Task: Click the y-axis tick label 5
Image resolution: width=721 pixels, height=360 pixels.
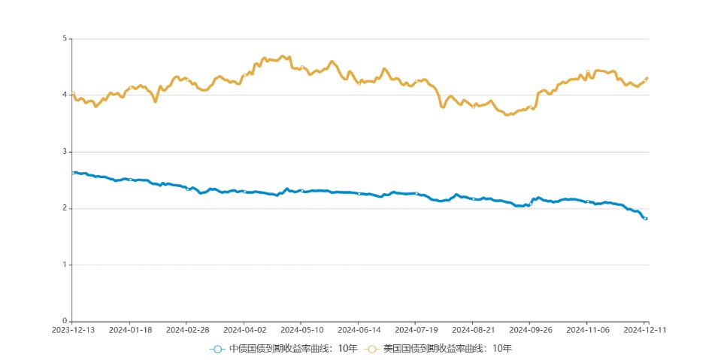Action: coord(65,38)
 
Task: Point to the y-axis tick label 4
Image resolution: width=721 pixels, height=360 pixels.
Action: coord(65,95)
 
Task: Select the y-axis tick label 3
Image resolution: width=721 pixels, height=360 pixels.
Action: coord(65,152)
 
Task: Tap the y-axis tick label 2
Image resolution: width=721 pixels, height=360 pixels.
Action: coord(65,208)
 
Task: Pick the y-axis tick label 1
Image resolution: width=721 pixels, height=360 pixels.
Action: coord(65,265)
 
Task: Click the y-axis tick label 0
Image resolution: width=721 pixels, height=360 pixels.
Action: coord(65,321)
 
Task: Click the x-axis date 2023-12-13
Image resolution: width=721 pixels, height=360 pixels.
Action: coord(72,329)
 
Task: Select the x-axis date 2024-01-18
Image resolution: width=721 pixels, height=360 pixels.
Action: coord(130,329)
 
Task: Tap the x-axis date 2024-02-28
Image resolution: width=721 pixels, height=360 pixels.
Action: coord(187,329)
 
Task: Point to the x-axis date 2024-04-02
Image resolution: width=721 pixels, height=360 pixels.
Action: coord(245,329)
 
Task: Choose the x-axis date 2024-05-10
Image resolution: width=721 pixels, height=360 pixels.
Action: coord(301,329)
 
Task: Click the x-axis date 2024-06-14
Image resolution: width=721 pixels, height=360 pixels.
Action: coord(359,329)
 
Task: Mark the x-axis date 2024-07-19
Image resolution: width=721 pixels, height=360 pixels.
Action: coord(416,329)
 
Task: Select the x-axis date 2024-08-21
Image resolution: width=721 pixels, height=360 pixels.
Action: coord(473,329)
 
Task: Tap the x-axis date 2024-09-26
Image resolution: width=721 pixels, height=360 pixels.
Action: coord(530,329)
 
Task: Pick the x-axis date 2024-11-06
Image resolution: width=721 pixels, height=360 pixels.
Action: coord(587,329)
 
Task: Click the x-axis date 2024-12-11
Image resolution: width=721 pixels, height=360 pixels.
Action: coord(644,329)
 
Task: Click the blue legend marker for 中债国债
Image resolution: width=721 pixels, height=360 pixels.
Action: coord(217,349)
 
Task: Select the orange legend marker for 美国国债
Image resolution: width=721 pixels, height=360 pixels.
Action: coord(371,349)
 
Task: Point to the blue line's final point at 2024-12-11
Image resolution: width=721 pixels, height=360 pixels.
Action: coord(646,218)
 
